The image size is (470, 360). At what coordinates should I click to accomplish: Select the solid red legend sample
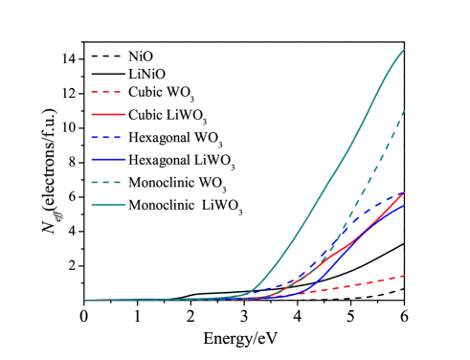click(108, 115)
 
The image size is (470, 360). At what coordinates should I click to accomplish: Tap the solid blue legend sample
click(108, 160)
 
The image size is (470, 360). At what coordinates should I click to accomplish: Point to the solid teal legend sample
click(108, 204)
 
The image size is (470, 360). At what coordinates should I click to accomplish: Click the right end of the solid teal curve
click(404, 49)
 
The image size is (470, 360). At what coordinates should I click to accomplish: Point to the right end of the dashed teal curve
click(404, 110)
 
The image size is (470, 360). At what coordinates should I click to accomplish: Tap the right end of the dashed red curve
click(404, 276)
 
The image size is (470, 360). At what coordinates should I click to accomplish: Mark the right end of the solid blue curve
click(404, 205)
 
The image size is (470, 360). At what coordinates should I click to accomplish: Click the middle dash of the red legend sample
click(106, 93)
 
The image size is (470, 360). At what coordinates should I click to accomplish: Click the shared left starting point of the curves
click(85, 300)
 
